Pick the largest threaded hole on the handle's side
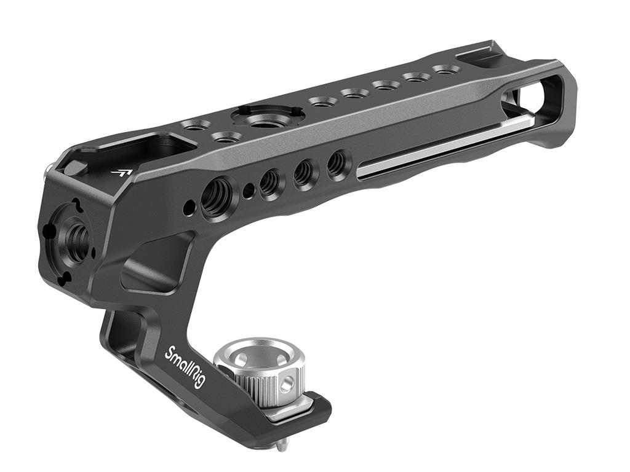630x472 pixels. tap(216, 198)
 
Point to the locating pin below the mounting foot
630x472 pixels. tap(281, 443)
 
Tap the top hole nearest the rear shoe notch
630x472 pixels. tap(443, 70)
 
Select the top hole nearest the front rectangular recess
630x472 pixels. tap(196, 126)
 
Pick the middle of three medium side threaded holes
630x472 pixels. tap(303, 173)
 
